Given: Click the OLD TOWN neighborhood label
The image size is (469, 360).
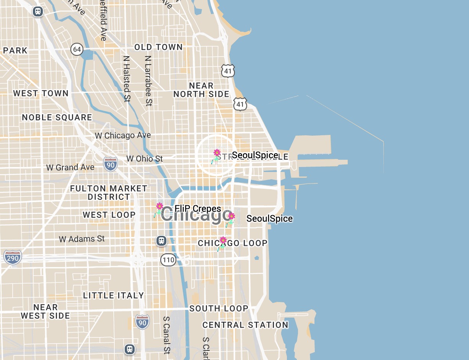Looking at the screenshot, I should (x=158, y=47).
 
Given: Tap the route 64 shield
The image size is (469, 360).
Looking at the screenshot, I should (x=77, y=49).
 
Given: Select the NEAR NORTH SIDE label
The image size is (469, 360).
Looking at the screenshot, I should (x=201, y=90).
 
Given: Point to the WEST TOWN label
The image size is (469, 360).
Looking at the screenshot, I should (x=41, y=93).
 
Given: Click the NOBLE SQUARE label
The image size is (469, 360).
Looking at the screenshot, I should (x=57, y=117).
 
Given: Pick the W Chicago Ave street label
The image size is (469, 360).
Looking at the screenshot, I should (x=123, y=135).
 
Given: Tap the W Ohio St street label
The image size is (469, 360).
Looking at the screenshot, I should (x=145, y=158).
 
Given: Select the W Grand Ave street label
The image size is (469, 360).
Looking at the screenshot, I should (x=70, y=167).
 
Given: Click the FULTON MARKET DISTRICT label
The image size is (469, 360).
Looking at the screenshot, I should (x=109, y=193).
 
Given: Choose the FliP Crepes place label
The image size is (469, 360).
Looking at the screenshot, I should (x=198, y=209).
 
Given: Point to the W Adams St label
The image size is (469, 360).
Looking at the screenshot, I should (x=82, y=239).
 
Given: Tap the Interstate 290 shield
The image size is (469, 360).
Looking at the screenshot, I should (x=13, y=257).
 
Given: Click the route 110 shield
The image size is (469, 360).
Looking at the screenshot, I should (x=168, y=260).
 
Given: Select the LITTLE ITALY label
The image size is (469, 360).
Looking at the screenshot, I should (x=114, y=295).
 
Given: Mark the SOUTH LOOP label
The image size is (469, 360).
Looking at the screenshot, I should (x=219, y=308).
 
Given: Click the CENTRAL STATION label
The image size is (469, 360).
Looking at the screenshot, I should (x=245, y=325).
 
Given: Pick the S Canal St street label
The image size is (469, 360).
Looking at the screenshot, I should (x=166, y=335).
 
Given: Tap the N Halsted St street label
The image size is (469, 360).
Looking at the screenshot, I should (x=127, y=79).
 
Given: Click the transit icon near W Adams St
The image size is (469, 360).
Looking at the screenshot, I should (x=161, y=240).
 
